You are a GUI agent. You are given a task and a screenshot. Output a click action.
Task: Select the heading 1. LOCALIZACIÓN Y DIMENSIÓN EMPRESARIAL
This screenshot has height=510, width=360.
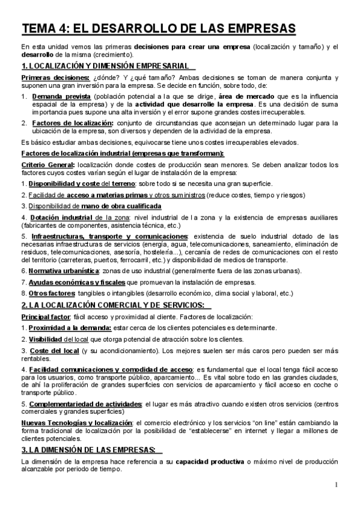[x=103, y=66]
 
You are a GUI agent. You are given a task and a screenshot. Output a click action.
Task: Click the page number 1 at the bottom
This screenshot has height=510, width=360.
[x=337, y=485]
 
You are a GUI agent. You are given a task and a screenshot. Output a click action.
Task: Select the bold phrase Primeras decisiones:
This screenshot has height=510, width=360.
[x=55, y=78]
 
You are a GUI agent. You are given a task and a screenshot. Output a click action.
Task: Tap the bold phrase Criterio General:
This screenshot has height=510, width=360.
[x=47, y=165]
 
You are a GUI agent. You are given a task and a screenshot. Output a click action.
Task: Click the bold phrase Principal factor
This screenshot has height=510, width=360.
[x=46, y=316]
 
